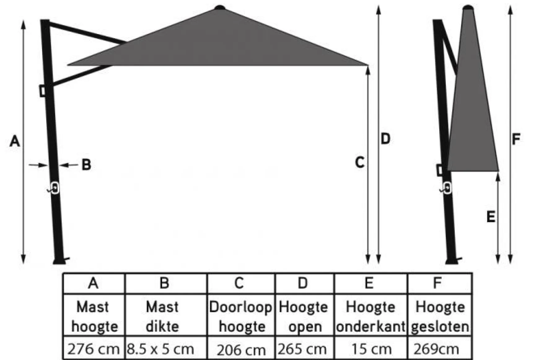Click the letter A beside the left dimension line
15,141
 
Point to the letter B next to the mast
86,165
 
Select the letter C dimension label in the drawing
360,162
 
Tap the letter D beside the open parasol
385,138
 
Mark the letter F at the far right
516,139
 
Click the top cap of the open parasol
220,7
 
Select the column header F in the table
437,283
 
